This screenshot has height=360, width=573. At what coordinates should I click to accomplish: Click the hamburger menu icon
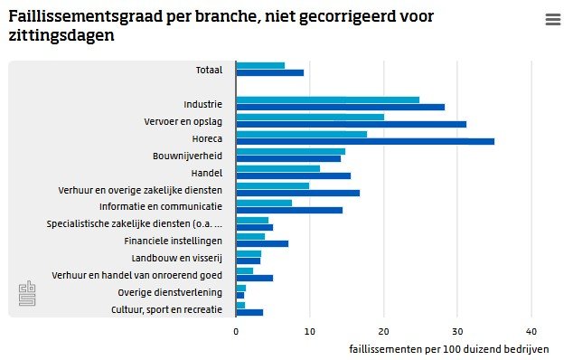click(553, 19)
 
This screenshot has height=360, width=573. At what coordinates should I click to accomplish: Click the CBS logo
click(27, 293)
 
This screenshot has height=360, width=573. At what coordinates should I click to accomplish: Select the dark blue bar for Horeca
click(365, 142)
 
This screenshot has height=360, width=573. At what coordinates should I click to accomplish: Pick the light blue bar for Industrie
click(328, 99)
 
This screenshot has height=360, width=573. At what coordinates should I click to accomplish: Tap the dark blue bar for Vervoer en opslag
click(352, 125)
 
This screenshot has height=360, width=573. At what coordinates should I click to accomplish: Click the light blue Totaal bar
click(260, 65)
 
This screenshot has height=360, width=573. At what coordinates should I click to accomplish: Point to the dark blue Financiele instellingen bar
click(262, 243)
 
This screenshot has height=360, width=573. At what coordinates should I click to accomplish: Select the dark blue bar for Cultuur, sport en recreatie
click(249, 312)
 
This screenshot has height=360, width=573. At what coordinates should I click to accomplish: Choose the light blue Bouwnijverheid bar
click(290, 151)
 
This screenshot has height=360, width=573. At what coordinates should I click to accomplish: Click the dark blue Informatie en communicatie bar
click(289, 210)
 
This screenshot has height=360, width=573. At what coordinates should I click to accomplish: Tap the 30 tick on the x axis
click(457, 332)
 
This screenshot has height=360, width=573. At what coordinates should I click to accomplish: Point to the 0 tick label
click(236, 332)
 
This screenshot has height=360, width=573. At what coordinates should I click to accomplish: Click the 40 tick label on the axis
click(531, 332)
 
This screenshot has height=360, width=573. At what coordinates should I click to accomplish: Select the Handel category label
click(207, 173)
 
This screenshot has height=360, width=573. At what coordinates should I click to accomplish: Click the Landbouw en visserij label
click(177, 259)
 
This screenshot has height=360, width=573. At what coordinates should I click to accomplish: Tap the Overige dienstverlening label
click(170, 293)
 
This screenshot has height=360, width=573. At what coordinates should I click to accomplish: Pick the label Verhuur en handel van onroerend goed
click(137, 276)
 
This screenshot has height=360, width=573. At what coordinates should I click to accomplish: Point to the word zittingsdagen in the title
click(61, 36)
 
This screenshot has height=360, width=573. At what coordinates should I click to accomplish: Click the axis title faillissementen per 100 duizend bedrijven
click(449, 349)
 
